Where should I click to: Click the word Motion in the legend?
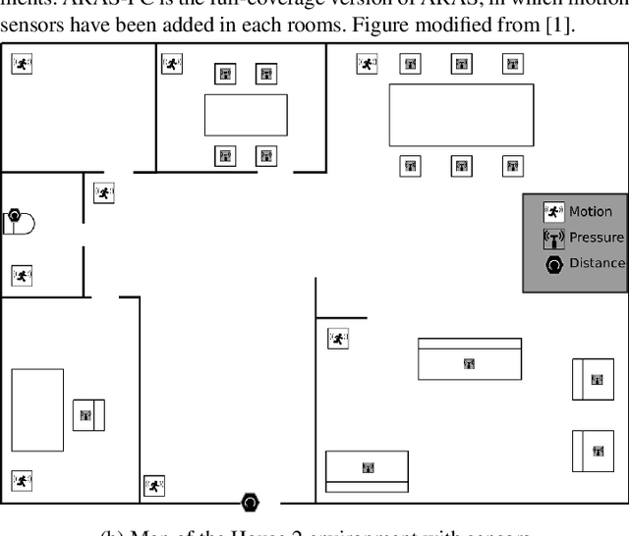(x=590, y=211)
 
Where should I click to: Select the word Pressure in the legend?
(x=596, y=237)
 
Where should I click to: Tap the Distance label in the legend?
(x=597, y=263)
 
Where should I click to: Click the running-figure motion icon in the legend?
(x=554, y=211)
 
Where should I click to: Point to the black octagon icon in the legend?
(x=554, y=263)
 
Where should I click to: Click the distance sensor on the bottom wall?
(x=251, y=503)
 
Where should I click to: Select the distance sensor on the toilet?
(x=14, y=215)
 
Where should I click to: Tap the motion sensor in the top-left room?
(x=22, y=64)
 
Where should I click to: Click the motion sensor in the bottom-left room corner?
(x=22, y=480)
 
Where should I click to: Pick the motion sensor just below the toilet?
(x=22, y=276)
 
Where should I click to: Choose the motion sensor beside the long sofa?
(x=338, y=339)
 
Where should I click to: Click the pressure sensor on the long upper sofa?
(x=469, y=363)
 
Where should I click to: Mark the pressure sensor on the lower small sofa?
(x=368, y=468)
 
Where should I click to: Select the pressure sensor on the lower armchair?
(x=597, y=451)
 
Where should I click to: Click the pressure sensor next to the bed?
(x=86, y=415)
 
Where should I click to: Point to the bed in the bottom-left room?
(x=37, y=409)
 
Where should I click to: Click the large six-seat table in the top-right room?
(x=461, y=115)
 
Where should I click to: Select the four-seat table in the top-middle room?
(x=246, y=115)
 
